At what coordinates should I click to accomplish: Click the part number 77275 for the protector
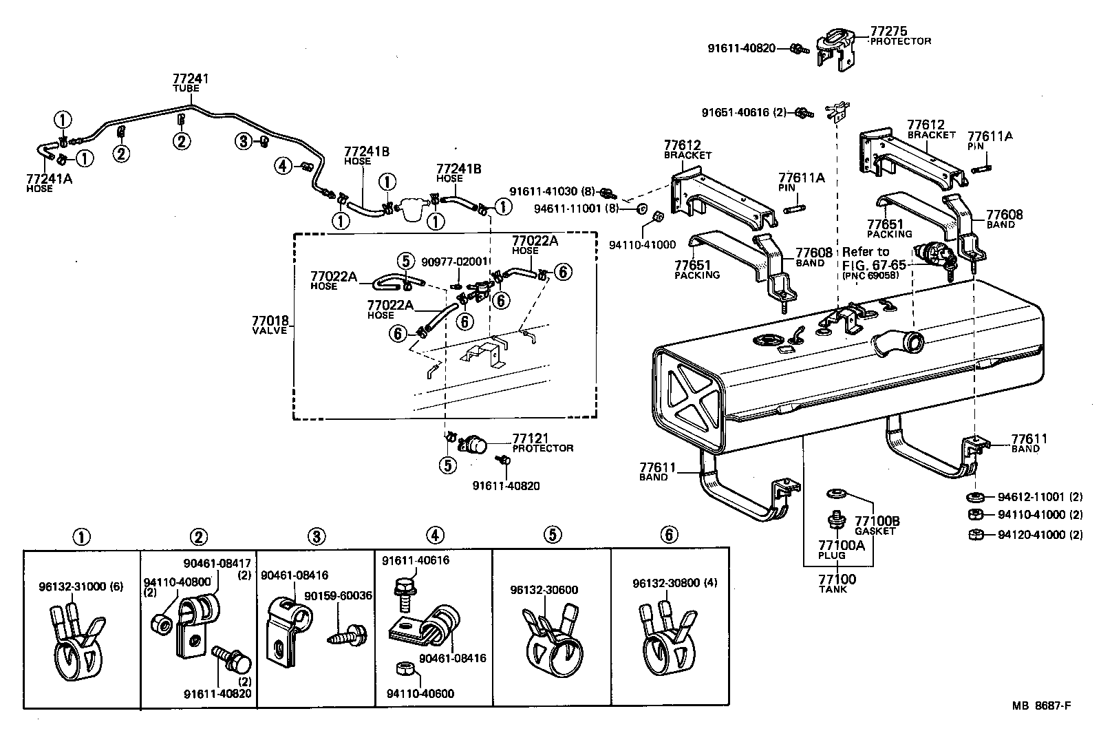click(x=888, y=31)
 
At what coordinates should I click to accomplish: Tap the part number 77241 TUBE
click(x=190, y=83)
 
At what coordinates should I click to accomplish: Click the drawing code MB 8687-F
click(x=1041, y=706)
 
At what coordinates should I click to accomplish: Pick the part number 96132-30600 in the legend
click(x=544, y=590)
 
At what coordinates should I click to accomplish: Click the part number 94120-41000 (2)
click(x=1039, y=534)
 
